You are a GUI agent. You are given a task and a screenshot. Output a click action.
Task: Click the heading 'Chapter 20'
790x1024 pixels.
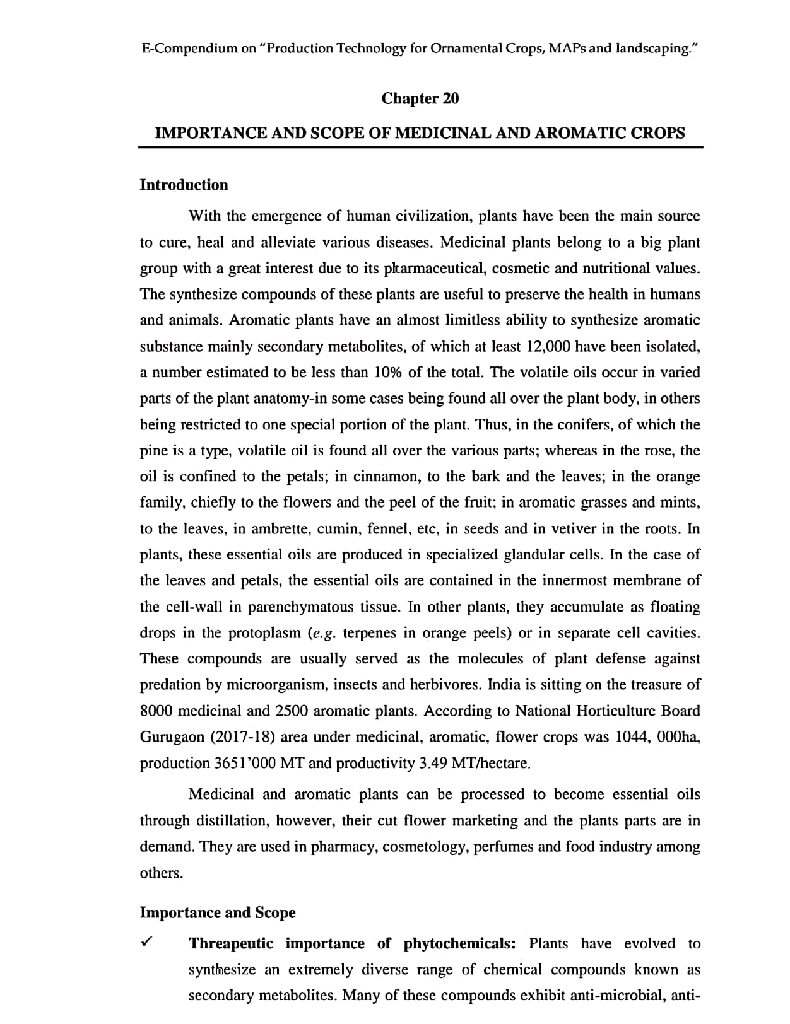(x=420, y=98)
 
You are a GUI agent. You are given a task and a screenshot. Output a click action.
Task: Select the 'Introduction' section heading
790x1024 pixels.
(x=184, y=185)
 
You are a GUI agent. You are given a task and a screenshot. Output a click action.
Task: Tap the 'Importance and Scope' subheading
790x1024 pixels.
(x=217, y=912)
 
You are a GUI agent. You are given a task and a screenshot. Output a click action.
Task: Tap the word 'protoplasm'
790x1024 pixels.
(x=264, y=632)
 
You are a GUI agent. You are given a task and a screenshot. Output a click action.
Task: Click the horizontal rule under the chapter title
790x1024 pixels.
(x=420, y=148)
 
